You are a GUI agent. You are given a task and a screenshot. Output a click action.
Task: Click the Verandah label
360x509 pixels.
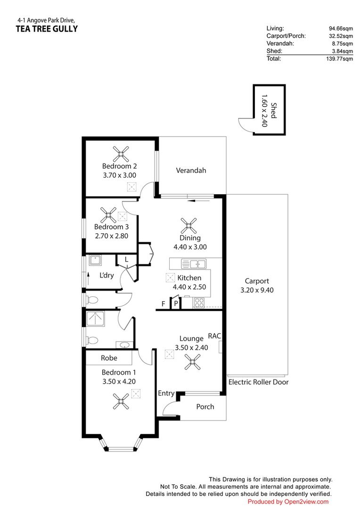191,171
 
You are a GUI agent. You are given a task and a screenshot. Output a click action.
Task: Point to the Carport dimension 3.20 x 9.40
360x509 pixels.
257,290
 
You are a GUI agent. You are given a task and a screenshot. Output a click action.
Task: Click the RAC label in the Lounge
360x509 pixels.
214,337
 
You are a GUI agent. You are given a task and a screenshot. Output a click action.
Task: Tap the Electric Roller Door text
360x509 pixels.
258,382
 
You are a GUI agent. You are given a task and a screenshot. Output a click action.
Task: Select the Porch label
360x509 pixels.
205,407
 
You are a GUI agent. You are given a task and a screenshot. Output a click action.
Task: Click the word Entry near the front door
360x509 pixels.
166,394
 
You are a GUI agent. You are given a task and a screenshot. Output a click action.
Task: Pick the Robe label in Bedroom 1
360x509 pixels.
109,358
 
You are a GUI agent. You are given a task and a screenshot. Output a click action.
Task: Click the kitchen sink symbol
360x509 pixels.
194,264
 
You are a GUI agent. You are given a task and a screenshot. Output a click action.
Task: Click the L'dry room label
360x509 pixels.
106,275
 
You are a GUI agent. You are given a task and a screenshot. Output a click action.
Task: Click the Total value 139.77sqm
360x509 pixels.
341,59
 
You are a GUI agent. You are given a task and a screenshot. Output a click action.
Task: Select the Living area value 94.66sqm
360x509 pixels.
342,28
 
